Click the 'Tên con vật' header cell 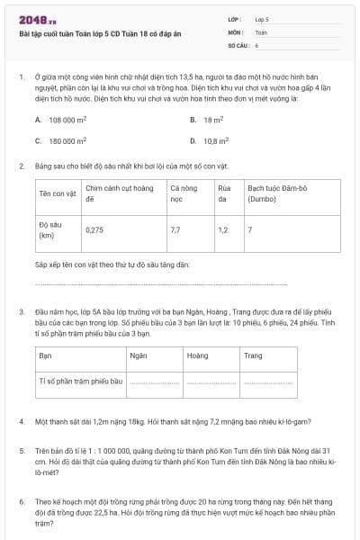pyautogui.click(x=57, y=193)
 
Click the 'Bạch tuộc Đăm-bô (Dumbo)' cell pyautogui.click(x=271, y=193)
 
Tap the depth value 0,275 pyautogui.click(x=94, y=229)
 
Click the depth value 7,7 pyautogui.click(x=175, y=229)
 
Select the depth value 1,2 pyautogui.click(x=222, y=229)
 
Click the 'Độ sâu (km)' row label pyautogui.click(x=49, y=229)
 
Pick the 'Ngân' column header pyautogui.click(x=139, y=355)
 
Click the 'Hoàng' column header pyautogui.click(x=197, y=355)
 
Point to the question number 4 pyautogui.click(x=21, y=421)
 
